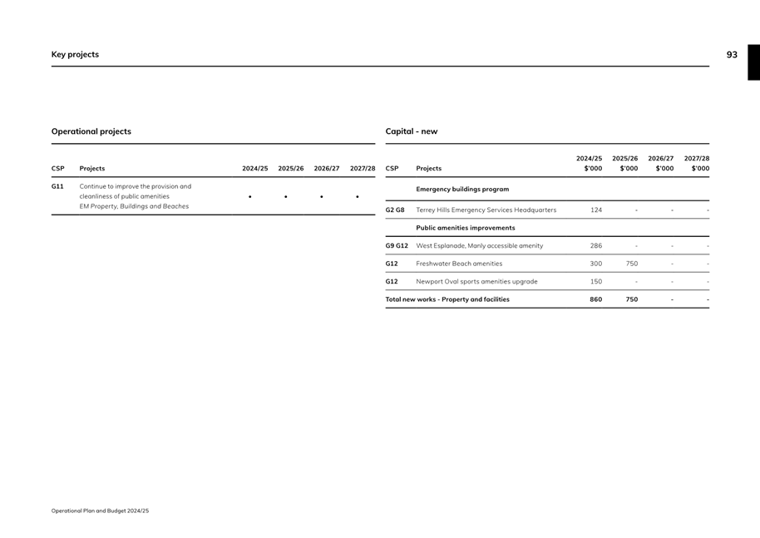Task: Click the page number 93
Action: pyautogui.click(x=731, y=55)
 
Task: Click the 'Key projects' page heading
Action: pyautogui.click(x=75, y=55)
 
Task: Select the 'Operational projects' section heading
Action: pyautogui.click(x=91, y=131)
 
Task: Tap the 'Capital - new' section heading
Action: pyautogui.click(x=411, y=131)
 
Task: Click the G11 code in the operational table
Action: pyautogui.click(x=57, y=186)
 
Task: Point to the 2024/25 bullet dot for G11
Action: pyautogui.click(x=249, y=197)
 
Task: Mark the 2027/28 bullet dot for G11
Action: pyautogui.click(x=357, y=197)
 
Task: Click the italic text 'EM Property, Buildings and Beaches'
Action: pyautogui.click(x=134, y=206)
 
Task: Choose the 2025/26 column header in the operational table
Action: pyautogui.click(x=291, y=169)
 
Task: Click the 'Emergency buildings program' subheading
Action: pyautogui.click(x=462, y=190)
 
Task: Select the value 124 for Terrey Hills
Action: pyautogui.click(x=596, y=210)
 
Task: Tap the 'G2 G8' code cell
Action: pyautogui.click(x=395, y=210)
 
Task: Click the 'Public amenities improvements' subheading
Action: pyautogui.click(x=466, y=228)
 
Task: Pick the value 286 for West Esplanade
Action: pyautogui.click(x=596, y=246)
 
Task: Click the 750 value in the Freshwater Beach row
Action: pyautogui.click(x=632, y=264)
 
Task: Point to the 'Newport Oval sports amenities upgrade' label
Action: pyautogui.click(x=476, y=282)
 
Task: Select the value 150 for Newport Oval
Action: pyautogui.click(x=596, y=282)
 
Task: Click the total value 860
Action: pyautogui.click(x=596, y=299)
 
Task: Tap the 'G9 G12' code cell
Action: pyautogui.click(x=397, y=246)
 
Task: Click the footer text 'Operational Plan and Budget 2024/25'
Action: pyautogui.click(x=100, y=511)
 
